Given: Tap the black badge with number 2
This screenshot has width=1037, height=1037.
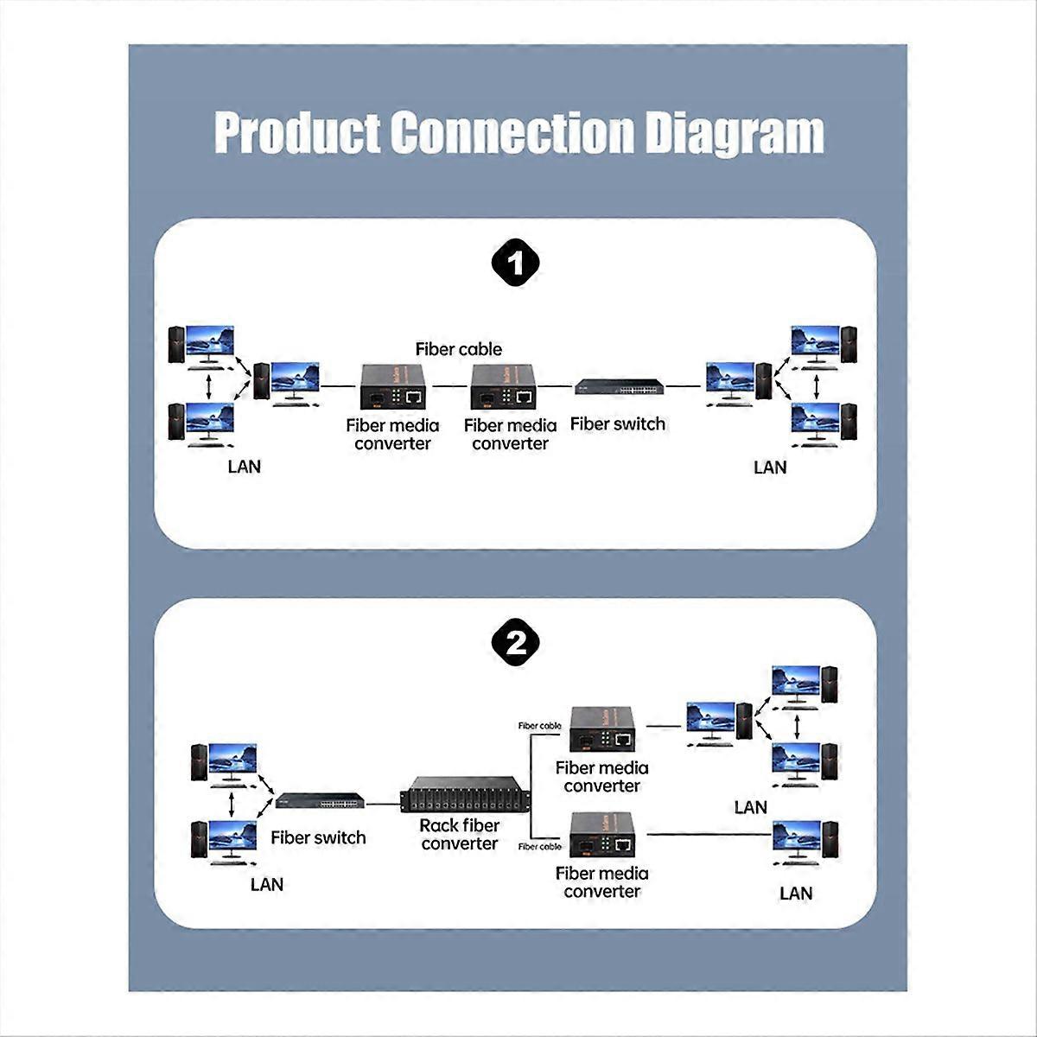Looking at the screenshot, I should tap(516, 643).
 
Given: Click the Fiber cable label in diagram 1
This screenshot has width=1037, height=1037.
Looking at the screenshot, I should tap(458, 349).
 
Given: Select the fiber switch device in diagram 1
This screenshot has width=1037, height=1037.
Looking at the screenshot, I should tap(620, 387).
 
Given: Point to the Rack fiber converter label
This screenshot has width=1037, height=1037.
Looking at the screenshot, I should tap(459, 835).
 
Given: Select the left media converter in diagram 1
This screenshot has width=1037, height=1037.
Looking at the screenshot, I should tap(393, 386).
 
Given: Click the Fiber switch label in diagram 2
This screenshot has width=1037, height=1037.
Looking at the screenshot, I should tap(318, 837).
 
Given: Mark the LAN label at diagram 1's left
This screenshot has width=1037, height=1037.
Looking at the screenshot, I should tap(244, 467).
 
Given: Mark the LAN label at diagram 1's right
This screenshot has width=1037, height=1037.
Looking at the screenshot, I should tap(770, 468).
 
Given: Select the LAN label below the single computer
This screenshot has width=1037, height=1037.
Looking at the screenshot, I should tap(796, 894).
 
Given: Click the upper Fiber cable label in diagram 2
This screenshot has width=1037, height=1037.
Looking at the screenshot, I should tap(539, 726).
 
